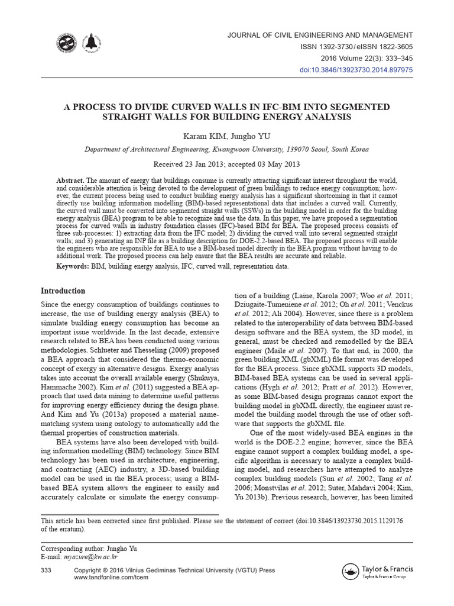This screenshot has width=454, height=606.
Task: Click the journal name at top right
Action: click(x=320, y=36)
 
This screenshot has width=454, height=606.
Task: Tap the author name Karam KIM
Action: click(x=203, y=137)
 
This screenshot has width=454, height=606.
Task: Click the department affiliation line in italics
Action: click(x=226, y=150)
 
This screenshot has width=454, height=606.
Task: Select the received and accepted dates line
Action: click(x=226, y=164)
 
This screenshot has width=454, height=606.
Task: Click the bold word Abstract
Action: click(x=70, y=180)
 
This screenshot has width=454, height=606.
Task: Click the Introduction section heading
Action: click(x=63, y=291)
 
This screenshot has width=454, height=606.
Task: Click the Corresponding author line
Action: click(x=89, y=549)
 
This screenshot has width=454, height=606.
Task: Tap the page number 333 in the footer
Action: click(x=46, y=570)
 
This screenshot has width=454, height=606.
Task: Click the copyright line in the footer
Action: click(x=174, y=570)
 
